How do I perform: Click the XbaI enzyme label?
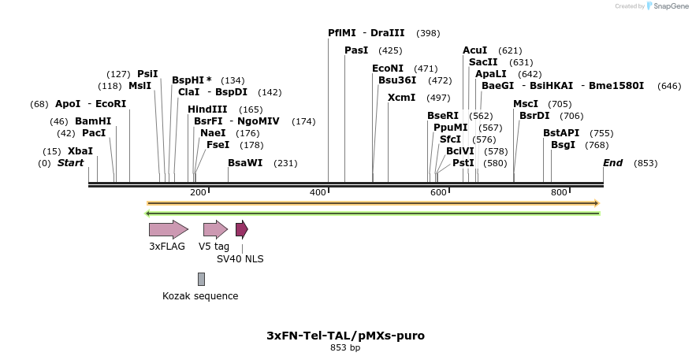pos(80,151)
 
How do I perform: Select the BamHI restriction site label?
pos(93,121)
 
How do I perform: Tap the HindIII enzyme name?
pos(207,109)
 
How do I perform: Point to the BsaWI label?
pos(245,163)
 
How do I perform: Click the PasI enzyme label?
pos(356,50)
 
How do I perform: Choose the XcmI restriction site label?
pos(401,98)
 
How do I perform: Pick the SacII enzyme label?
pos(483,62)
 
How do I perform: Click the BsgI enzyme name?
pos(563,145)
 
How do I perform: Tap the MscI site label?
pos(526,104)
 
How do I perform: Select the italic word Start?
pos(70,163)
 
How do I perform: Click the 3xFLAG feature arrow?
pos(168,229)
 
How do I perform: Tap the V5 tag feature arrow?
pos(215,229)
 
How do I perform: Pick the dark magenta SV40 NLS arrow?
pos(241,229)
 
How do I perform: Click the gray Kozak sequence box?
pos(201,279)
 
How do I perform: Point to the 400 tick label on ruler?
pos(318,192)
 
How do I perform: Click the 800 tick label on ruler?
pos(559,192)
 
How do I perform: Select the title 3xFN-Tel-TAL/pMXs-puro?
pos(345,336)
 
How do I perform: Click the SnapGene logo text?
pos(667,6)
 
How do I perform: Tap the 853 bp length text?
pos(345,347)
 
